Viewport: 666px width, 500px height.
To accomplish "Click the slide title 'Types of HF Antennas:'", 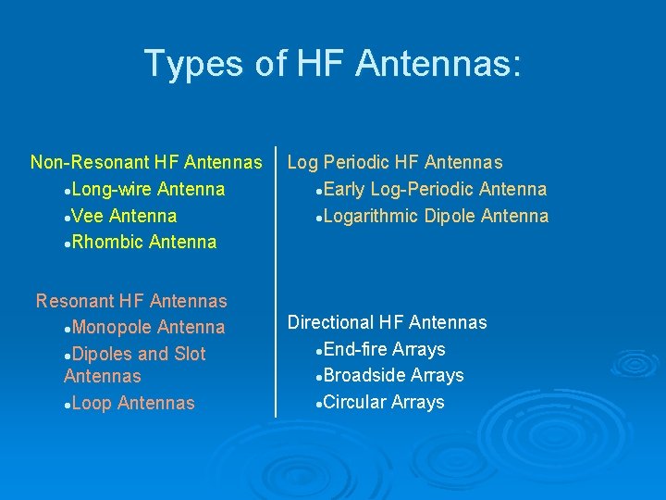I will click(333, 64).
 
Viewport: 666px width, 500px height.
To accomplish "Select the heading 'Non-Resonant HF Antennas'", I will click(146, 163).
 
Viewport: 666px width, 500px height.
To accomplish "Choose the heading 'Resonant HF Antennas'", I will click(131, 301).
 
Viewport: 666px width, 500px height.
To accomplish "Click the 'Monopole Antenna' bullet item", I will click(148, 328).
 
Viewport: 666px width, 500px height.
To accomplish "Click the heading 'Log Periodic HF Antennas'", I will click(395, 163).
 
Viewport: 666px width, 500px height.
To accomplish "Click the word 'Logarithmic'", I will click(373, 217).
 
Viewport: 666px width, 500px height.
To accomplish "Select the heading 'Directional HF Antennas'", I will click(387, 322).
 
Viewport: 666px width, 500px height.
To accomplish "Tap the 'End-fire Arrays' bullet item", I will click(385, 349).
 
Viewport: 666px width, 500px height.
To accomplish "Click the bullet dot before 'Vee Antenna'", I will click(68, 218).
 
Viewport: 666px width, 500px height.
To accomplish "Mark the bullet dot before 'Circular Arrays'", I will click(319, 404).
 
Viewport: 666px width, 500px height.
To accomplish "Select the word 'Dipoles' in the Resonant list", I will click(103, 354).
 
